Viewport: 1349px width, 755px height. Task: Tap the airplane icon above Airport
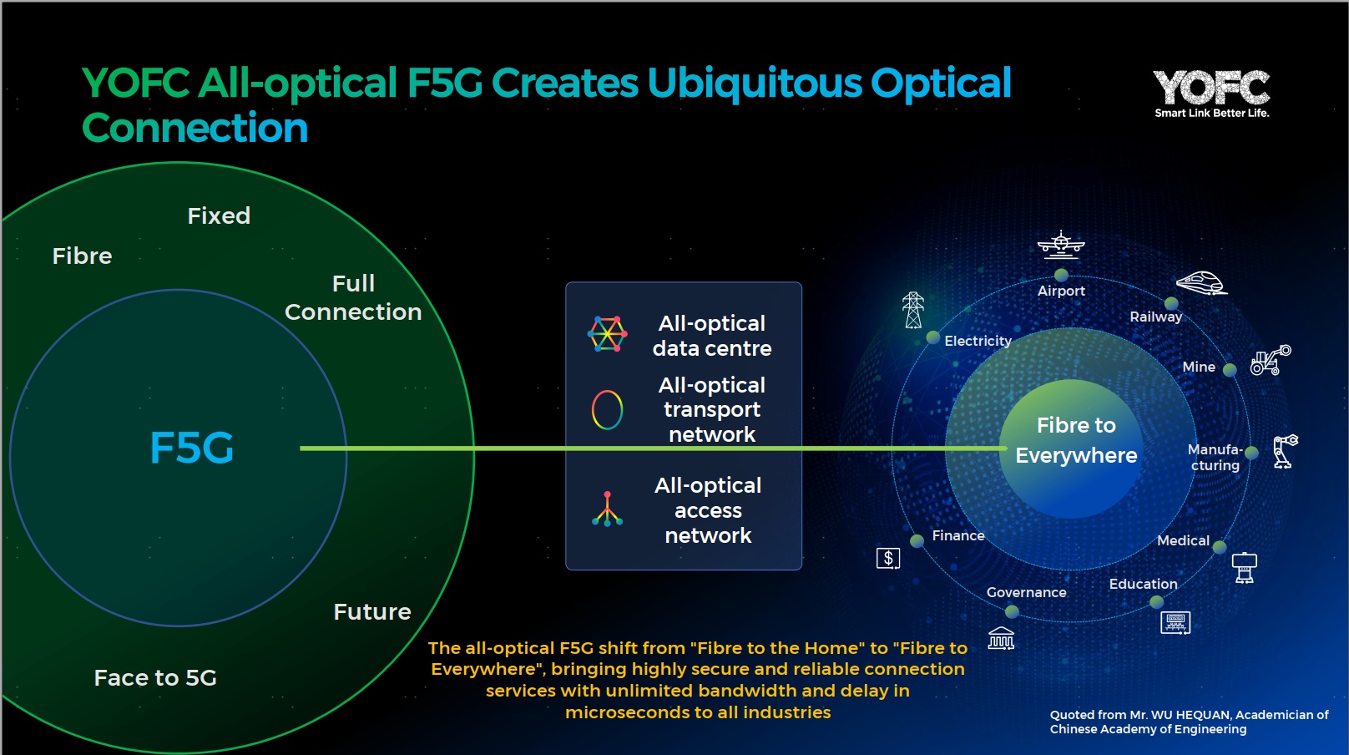(x=1061, y=244)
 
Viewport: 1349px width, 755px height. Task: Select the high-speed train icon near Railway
(x=1202, y=283)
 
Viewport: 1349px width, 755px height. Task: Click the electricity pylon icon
(x=913, y=310)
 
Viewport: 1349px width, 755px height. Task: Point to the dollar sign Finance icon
(x=888, y=559)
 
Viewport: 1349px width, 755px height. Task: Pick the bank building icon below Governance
(x=1001, y=638)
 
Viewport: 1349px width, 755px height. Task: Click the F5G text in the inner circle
(x=191, y=448)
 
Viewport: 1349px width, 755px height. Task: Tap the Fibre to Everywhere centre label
(x=1076, y=440)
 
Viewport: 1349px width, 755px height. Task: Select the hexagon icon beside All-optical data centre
(x=607, y=334)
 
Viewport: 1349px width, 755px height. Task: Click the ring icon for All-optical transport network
(x=607, y=410)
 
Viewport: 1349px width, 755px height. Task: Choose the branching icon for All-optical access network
(x=607, y=509)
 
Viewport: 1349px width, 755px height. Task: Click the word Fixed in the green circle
(x=219, y=215)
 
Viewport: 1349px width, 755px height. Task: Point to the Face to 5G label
(x=155, y=678)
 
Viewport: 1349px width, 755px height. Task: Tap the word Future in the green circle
(x=372, y=612)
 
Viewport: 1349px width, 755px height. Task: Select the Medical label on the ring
(x=1184, y=540)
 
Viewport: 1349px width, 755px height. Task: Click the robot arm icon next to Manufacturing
(x=1286, y=451)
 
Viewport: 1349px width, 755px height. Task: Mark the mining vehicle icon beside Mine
(x=1271, y=360)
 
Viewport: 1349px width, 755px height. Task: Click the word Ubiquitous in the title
(x=755, y=84)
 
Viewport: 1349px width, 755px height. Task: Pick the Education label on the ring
(x=1143, y=584)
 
